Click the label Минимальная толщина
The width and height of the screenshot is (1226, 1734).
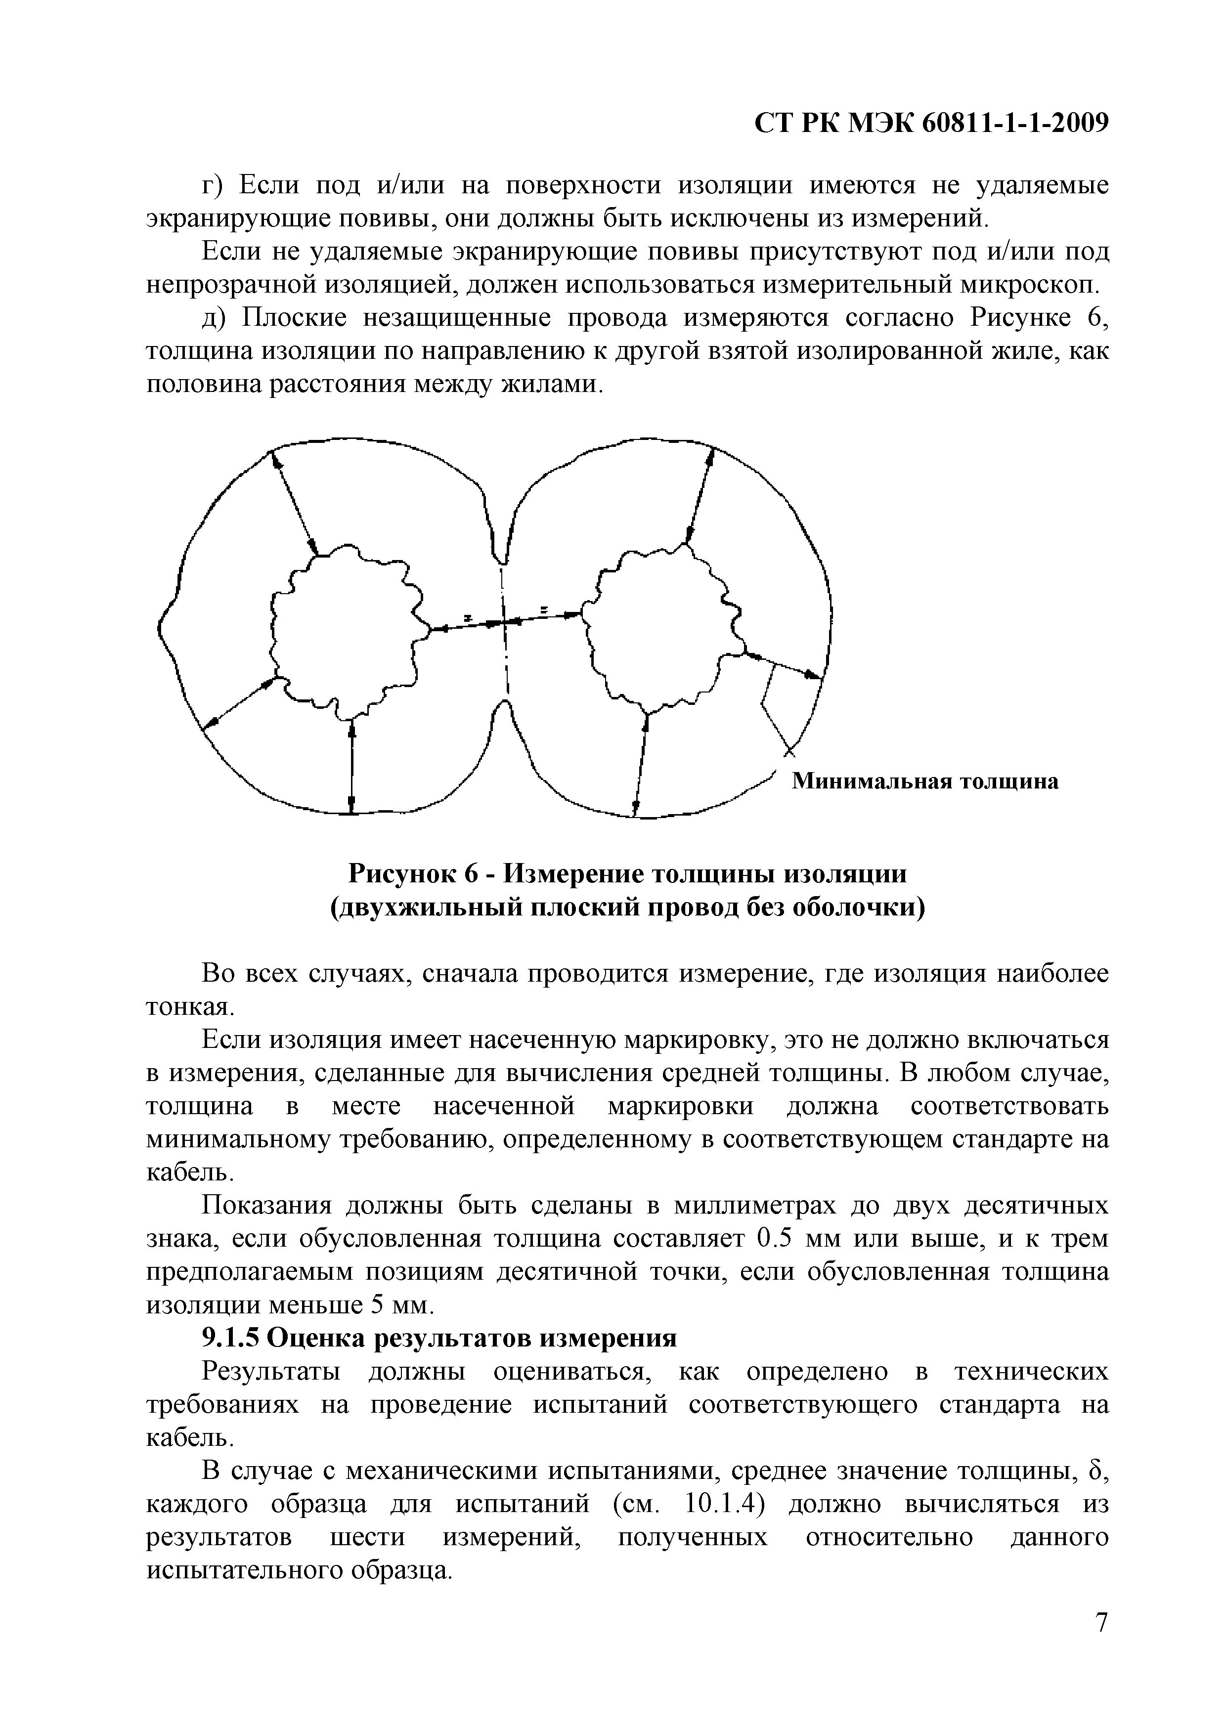point(924,781)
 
